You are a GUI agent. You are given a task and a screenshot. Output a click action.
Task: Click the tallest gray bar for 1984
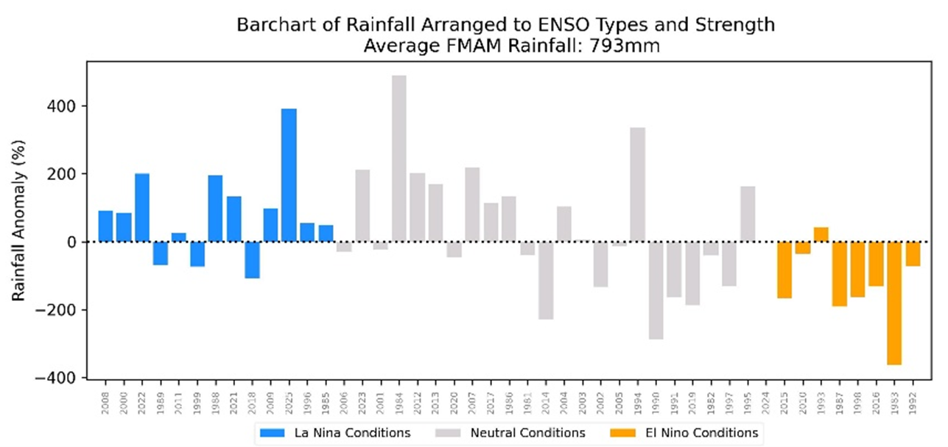coord(398,159)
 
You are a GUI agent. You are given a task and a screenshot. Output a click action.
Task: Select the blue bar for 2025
coord(289,175)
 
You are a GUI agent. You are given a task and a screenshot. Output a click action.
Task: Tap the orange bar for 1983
coord(894,302)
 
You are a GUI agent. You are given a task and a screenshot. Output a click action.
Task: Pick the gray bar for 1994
coord(637,184)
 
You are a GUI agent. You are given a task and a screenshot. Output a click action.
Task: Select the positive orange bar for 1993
coord(821,235)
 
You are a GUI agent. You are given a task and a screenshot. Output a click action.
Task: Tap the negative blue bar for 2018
coord(253,260)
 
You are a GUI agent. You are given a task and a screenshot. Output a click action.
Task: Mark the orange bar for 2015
coord(784,269)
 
